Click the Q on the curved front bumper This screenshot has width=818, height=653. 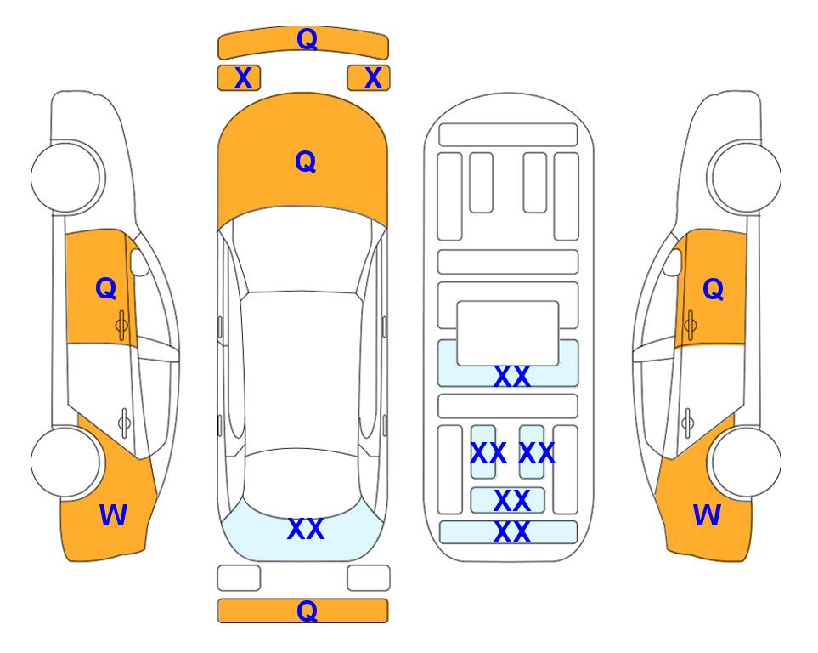click(x=307, y=39)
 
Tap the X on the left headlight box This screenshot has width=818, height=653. click(x=243, y=78)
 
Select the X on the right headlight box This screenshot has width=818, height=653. click(x=373, y=78)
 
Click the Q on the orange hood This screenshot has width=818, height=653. click(x=306, y=162)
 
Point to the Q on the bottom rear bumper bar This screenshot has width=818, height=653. click(x=307, y=610)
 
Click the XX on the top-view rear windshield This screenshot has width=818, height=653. click(x=306, y=529)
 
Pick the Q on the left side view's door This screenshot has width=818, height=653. click(x=106, y=288)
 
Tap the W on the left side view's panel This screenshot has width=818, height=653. click(x=113, y=515)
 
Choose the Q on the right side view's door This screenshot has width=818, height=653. click(x=714, y=289)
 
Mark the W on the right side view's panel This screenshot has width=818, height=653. click(x=707, y=515)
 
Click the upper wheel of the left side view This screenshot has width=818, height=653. click(x=66, y=177)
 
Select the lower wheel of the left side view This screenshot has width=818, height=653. click(x=66, y=463)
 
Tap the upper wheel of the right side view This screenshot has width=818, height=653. click(x=746, y=177)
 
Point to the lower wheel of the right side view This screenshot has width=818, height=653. click(x=746, y=463)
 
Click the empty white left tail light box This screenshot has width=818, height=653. click(x=239, y=578)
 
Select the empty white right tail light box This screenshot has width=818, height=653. click(x=369, y=578)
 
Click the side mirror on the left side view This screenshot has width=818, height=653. click(x=139, y=262)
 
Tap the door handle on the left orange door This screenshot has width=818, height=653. click(x=121, y=326)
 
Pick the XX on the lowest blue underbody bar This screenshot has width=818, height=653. click(x=511, y=532)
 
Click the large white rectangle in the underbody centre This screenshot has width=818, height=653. click(x=508, y=333)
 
